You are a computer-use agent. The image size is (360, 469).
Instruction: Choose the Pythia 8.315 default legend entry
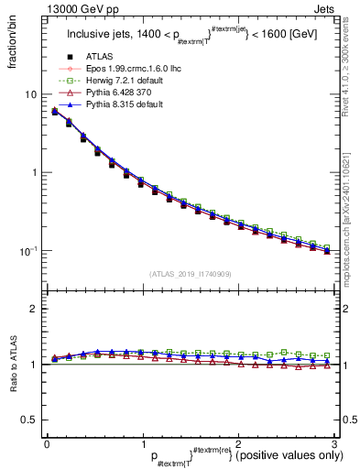click(116, 106)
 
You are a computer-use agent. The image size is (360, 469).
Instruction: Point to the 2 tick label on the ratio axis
click(33, 309)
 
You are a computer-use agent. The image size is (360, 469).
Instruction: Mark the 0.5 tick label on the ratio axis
click(28, 420)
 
